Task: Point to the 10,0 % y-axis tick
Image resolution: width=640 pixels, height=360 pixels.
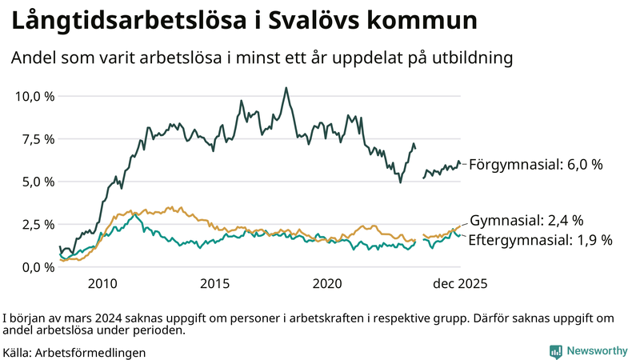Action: tap(34, 96)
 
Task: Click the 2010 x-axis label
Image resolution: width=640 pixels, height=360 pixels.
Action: tap(103, 283)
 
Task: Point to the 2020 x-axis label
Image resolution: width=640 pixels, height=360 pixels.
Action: tap(329, 283)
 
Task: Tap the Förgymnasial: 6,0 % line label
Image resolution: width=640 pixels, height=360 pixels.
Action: tap(535, 165)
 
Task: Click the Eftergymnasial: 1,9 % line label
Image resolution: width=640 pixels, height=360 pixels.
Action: tap(540, 239)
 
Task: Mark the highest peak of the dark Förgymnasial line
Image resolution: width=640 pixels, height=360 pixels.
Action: tap(286, 88)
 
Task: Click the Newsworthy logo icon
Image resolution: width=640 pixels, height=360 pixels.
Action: tap(555, 350)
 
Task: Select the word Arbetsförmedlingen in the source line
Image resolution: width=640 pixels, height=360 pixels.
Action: tap(91, 352)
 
